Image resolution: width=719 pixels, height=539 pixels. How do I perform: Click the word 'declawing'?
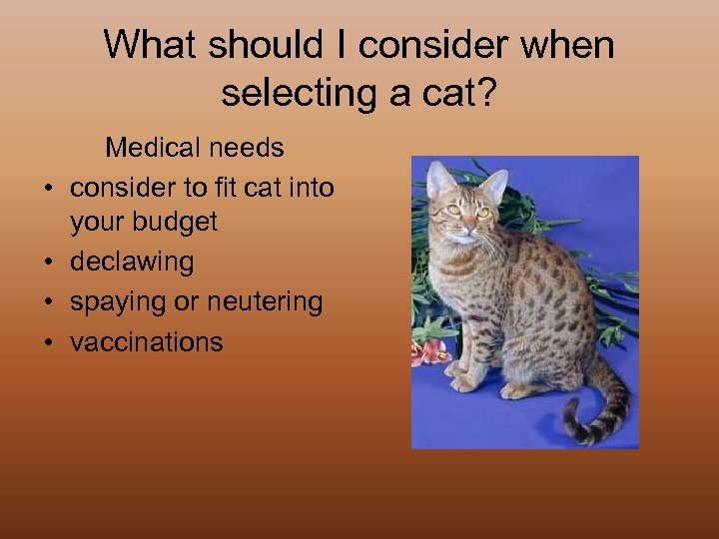pos(131,262)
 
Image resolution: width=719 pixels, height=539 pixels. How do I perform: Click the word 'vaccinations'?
pos(146,341)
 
